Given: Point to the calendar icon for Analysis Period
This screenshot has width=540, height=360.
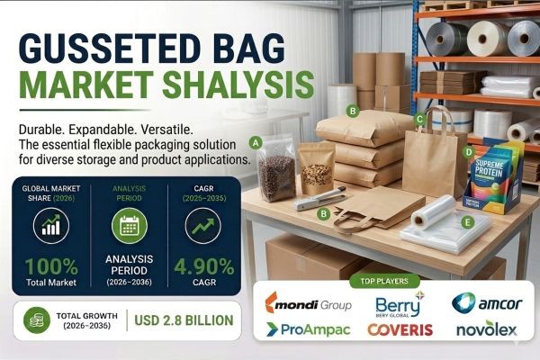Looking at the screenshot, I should [129, 224].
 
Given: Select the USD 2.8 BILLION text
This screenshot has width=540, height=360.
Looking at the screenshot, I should [183, 319].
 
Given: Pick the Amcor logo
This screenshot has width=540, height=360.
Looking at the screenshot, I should [486, 303].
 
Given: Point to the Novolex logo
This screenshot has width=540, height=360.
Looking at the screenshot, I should [486, 330].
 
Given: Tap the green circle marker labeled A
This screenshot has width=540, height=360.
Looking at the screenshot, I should [256, 142].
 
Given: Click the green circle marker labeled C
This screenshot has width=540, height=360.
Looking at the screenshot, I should [419, 119].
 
